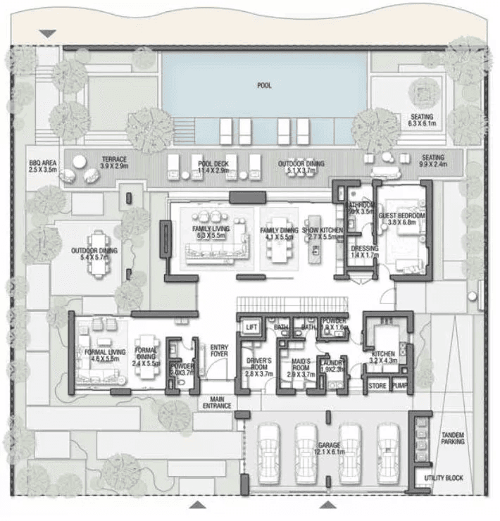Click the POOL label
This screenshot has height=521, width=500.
[x=264, y=85]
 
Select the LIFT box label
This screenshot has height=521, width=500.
[x=250, y=327]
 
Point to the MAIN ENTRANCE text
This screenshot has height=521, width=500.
[x=217, y=403]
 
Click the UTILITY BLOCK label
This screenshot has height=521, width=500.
[x=444, y=478]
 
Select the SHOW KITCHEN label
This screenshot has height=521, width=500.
[x=323, y=230]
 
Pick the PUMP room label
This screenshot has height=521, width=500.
[x=399, y=386]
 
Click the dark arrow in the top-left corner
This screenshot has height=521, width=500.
[x=47, y=34]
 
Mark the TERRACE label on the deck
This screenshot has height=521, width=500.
[x=113, y=160]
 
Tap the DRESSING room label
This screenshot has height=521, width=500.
[x=364, y=249]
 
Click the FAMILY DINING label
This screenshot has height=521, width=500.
[x=280, y=230]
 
